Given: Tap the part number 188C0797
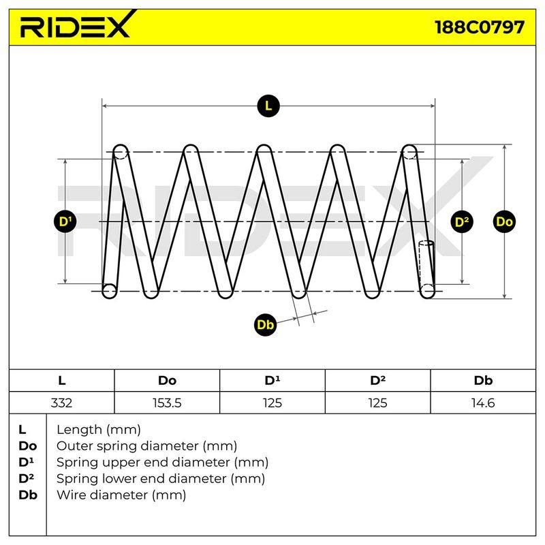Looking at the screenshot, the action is coord(480,27).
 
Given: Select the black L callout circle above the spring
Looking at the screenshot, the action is coord(268,106).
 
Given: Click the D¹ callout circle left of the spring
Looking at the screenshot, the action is coord(65,221).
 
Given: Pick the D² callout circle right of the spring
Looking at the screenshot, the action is coord(462,222).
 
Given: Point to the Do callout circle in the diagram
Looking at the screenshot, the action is coord(504,222).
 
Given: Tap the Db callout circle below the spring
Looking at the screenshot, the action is coord(266,325).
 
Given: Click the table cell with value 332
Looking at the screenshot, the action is coord(61,403).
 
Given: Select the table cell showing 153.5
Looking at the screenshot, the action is coord(167,403).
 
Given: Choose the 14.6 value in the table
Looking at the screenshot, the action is coord(483,403).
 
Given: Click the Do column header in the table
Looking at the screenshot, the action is coord(167,381).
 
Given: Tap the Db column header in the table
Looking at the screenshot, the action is coord(483,381).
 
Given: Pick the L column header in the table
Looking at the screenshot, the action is coord(61,381).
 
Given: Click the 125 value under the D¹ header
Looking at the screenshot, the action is coord(272,403).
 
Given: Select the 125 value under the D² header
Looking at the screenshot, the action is coord(378,403).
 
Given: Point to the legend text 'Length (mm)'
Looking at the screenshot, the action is coord(99,430).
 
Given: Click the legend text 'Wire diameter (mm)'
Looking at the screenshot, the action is coord(121,495).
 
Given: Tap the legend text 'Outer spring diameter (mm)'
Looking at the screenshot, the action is coord(146,446).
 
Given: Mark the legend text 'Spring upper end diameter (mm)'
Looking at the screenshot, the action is coord(162,462).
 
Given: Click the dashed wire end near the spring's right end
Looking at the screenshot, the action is coord(426,264).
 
